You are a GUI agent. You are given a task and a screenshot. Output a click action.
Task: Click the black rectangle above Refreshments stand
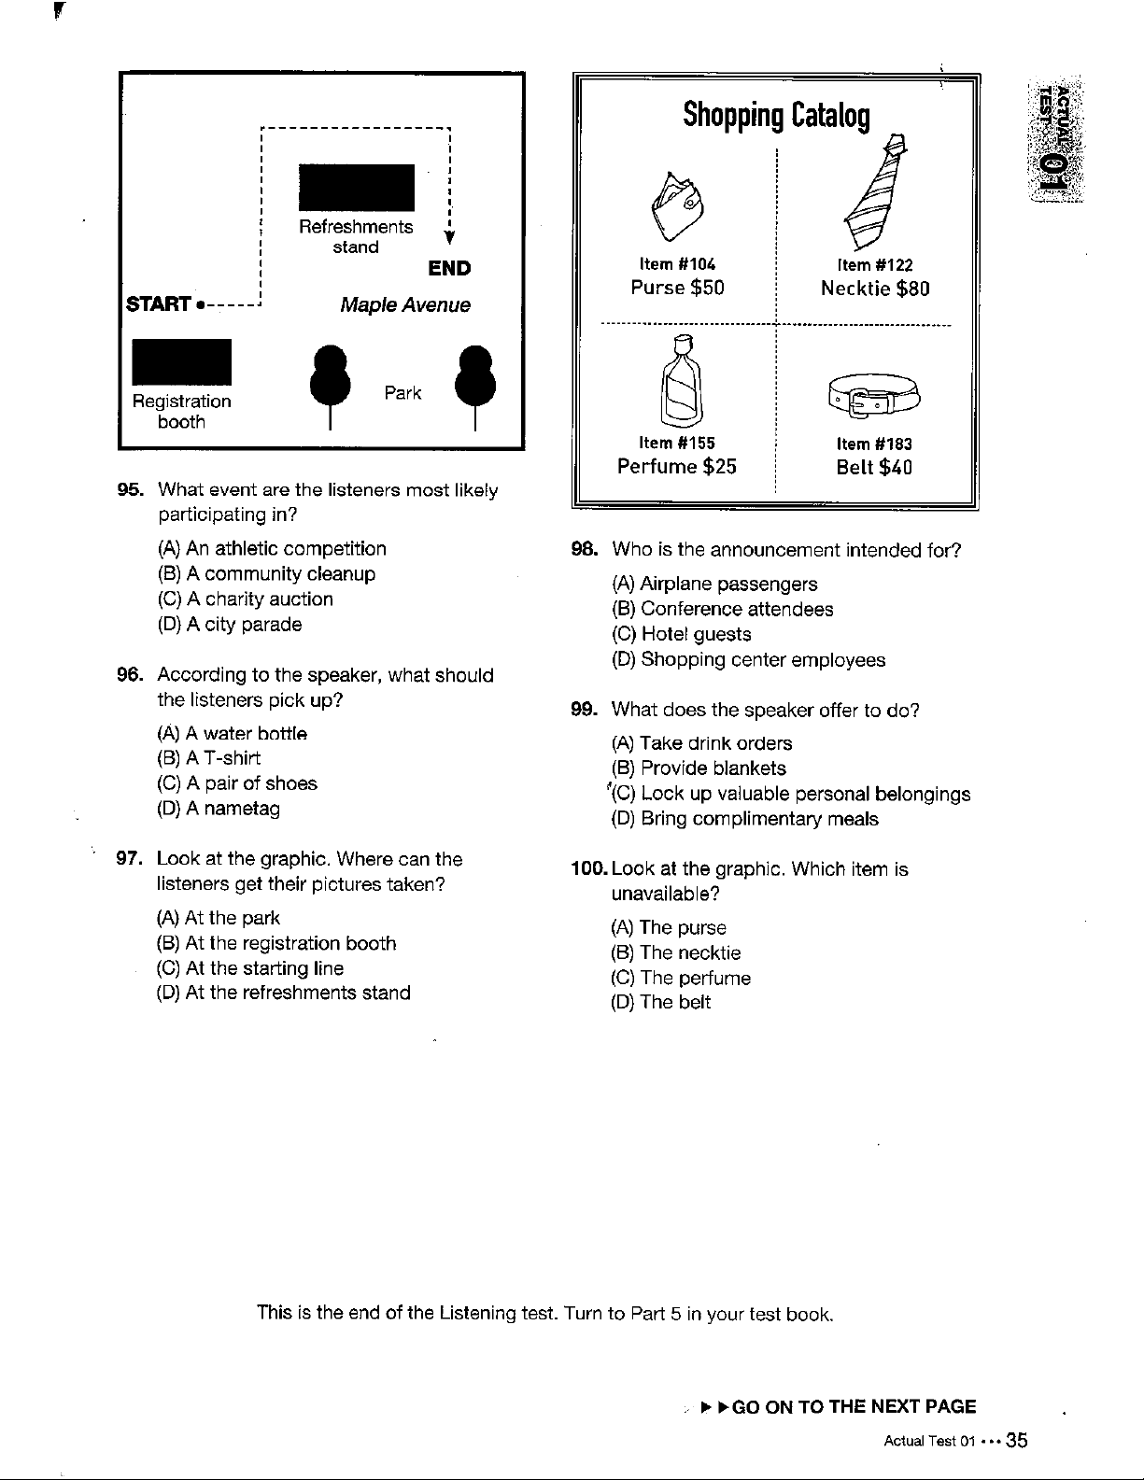tap(356, 188)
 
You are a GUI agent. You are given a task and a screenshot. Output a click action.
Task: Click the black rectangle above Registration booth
tap(181, 361)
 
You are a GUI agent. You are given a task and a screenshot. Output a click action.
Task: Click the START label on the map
tap(160, 305)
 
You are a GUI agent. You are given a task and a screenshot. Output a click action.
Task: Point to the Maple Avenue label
tap(405, 305)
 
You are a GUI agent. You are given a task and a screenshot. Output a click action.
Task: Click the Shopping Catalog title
tap(776, 116)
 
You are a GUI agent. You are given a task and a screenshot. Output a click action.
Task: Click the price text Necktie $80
tap(875, 289)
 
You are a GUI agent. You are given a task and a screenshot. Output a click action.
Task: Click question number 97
tap(127, 859)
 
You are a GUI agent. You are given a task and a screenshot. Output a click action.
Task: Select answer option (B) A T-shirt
tap(209, 758)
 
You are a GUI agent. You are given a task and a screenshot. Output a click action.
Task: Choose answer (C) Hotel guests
tap(681, 634)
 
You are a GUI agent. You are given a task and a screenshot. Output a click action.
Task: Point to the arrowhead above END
tap(449, 245)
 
